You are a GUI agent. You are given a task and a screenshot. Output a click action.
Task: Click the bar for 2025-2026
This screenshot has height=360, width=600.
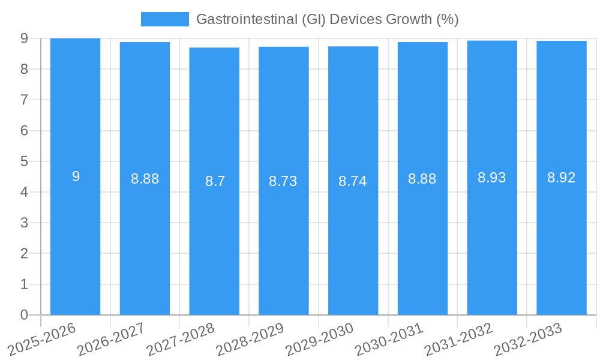pyautogui.click(x=75, y=240)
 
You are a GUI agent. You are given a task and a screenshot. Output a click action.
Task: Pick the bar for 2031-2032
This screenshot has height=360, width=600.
pyautogui.click(x=492, y=240)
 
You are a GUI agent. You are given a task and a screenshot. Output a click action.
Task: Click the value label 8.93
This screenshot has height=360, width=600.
pyautogui.click(x=492, y=178)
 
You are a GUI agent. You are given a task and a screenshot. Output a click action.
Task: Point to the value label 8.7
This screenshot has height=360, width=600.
pyautogui.click(x=214, y=181)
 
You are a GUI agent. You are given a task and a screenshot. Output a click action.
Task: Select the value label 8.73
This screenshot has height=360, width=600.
pyautogui.click(x=283, y=181)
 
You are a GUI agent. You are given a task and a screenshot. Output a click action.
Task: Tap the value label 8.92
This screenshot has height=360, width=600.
pyautogui.click(x=561, y=178)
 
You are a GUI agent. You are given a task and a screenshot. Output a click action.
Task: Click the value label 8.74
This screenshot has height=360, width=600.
pyautogui.click(x=353, y=181)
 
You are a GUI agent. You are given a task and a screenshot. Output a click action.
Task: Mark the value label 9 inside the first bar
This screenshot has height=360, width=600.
pyautogui.click(x=76, y=176)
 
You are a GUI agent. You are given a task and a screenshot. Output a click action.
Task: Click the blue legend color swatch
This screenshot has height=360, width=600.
pyautogui.click(x=164, y=19)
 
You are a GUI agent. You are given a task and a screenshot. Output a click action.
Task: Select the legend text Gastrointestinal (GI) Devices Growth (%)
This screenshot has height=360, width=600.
pyautogui.click(x=328, y=19)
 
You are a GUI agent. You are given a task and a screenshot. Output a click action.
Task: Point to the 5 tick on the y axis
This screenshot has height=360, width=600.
pyautogui.click(x=24, y=161)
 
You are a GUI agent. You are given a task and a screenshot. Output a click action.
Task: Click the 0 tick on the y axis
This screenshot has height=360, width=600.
pyautogui.click(x=24, y=315)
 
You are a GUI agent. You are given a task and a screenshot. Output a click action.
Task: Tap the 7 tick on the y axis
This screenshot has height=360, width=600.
pyautogui.click(x=24, y=100)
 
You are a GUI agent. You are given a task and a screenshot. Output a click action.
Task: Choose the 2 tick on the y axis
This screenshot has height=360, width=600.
pyautogui.click(x=24, y=253)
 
